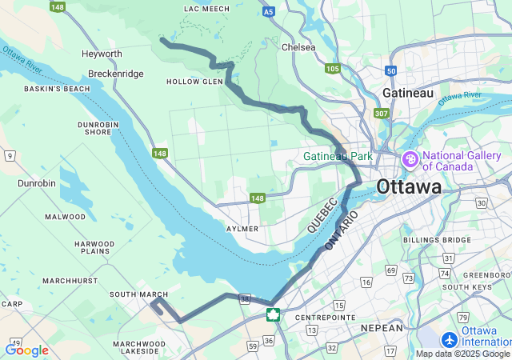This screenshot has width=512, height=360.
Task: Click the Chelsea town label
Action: (x=298, y=47)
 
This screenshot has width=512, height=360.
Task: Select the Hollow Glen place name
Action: (x=194, y=82)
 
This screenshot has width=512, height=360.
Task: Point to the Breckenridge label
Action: (x=111, y=74)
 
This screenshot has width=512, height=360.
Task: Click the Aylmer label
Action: (x=242, y=228)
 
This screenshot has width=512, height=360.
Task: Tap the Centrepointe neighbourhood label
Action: (x=324, y=318)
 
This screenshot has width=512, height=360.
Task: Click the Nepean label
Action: (x=382, y=328)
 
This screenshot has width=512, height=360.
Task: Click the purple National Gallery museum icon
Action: (x=411, y=161)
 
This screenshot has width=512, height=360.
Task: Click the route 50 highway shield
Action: (x=390, y=70)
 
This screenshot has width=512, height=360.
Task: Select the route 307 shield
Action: (x=381, y=114)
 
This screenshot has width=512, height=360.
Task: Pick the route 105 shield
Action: (x=333, y=69)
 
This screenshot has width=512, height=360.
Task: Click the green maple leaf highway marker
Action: (x=274, y=314)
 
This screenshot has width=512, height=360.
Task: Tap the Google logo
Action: (x=26, y=350)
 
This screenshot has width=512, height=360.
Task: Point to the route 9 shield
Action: (x=10, y=154)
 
